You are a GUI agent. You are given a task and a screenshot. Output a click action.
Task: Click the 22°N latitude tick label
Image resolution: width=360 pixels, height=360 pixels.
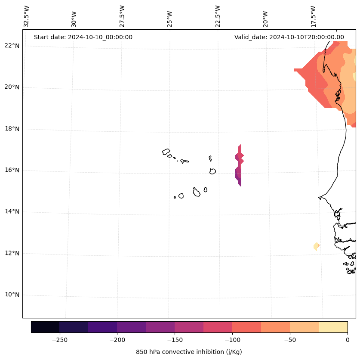(x=11, y=46)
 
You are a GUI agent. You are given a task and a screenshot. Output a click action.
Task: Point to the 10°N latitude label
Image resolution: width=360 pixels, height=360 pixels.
(x=11, y=295)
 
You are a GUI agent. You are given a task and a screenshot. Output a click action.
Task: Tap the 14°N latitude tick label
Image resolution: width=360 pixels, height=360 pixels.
(x=11, y=212)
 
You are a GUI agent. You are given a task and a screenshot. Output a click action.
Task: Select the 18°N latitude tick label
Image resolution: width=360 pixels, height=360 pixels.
(x=11, y=129)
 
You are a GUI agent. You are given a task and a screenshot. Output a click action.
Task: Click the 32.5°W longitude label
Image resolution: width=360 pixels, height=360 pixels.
(x=27, y=16)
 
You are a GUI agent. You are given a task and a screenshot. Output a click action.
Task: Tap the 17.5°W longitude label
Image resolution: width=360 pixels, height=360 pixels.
(x=314, y=16)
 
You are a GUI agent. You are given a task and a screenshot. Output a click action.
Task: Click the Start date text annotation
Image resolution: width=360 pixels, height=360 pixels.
(x=83, y=37)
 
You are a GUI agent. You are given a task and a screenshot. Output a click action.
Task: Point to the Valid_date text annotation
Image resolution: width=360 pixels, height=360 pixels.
(x=289, y=37)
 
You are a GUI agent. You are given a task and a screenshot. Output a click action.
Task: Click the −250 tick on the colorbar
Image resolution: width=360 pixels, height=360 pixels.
(x=59, y=339)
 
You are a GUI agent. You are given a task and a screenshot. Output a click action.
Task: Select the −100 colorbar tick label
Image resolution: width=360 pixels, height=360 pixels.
(x=232, y=339)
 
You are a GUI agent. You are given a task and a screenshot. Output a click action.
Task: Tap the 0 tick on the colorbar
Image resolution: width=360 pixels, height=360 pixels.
(x=348, y=339)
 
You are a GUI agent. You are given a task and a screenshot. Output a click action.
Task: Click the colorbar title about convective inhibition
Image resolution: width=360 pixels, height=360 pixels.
(x=189, y=352)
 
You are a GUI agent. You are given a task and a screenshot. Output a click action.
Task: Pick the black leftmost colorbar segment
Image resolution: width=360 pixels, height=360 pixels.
(x=45, y=327)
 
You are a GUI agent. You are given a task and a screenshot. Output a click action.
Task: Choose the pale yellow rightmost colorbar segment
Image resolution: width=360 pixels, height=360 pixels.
(x=333, y=327)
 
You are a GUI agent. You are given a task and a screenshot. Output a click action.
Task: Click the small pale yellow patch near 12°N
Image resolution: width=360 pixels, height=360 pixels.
(x=317, y=246)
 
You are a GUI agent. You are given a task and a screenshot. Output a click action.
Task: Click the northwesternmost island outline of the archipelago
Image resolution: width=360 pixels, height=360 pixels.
(x=166, y=152)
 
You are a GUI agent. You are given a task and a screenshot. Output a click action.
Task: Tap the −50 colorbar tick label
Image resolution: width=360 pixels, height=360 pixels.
(x=290, y=339)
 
